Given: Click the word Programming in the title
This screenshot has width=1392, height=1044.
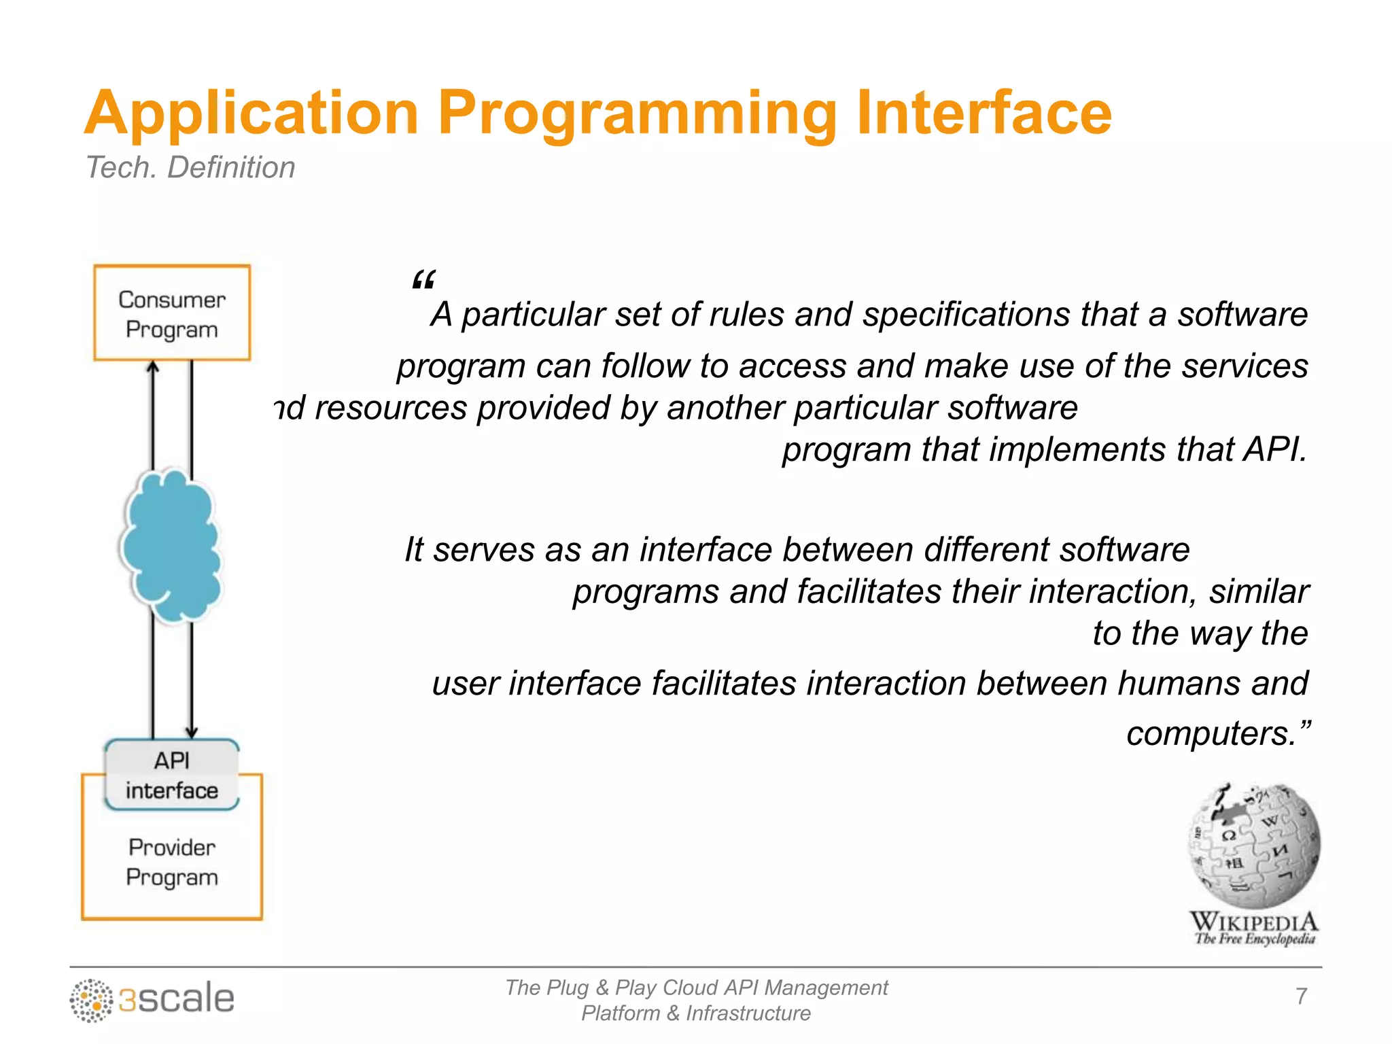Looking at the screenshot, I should pyautogui.click(x=636, y=114).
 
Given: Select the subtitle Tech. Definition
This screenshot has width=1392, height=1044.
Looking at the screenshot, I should pyautogui.click(x=190, y=168).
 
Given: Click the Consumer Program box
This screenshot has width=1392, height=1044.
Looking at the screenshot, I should pyautogui.click(x=172, y=313).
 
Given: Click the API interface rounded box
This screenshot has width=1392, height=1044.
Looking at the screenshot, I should pyautogui.click(x=172, y=775).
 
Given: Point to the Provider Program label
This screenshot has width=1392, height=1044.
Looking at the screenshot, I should pyautogui.click(x=172, y=863).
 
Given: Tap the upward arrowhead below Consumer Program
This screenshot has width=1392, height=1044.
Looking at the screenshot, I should pyautogui.click(x=154, y=368).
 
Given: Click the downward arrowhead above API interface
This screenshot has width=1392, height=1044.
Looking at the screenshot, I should pyautogui.click(x=192, y=732).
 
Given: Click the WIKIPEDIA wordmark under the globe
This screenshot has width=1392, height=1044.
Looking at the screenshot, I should pyautogui.click(x=1254, y=923).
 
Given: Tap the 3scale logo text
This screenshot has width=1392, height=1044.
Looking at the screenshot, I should pyautogui.click(x=177, y=998).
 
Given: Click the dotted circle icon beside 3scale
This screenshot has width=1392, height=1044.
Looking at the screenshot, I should pyautogui.click(x=91, y=1000).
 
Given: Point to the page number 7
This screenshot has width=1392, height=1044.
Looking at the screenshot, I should pyautogui.click(x=1301, y=996).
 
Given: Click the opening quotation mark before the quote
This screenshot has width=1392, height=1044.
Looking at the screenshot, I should pyautogui.click(x=423, y=280).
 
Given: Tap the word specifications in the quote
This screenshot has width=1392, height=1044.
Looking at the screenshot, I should pyautogui.click(x=966, y=315).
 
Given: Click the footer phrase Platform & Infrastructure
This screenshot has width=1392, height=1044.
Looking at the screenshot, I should pyautogui.click(x=696, y=1013).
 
